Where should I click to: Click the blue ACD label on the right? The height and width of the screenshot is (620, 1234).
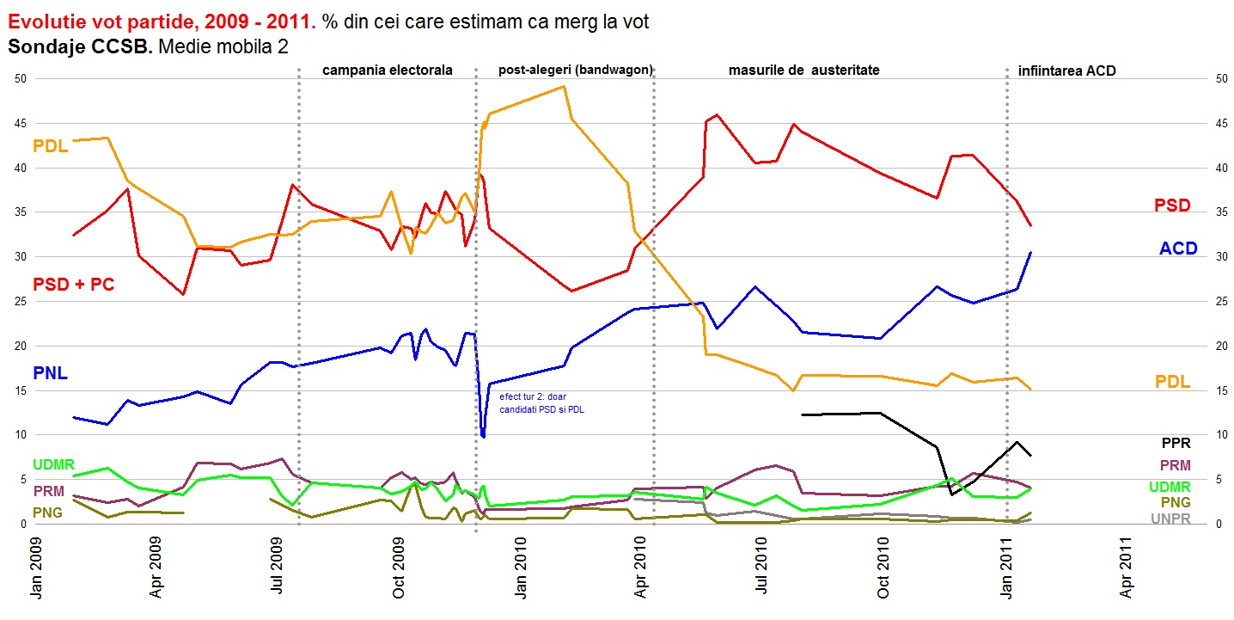click(1178, 249)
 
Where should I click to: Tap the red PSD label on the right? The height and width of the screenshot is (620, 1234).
click(1172, 206)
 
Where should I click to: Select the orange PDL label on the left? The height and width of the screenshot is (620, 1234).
click(51, 146)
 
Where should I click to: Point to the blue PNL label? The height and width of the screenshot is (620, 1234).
click(50, 373)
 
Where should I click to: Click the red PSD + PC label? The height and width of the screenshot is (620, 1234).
click(73, 285)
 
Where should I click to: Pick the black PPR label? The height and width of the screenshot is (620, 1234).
click(1176, 444)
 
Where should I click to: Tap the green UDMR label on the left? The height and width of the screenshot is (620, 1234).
click(53, 465)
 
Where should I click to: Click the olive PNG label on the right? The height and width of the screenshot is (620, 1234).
click(1176, 502)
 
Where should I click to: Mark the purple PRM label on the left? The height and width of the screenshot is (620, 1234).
click(48, 491)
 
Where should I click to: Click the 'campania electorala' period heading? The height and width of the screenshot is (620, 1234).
click(387, 71)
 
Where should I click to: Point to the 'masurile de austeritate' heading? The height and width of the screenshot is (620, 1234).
click(803, 71)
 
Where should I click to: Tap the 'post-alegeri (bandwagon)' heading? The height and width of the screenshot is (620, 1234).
click(575, 70)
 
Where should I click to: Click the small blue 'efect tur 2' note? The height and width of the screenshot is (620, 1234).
click(541, 403)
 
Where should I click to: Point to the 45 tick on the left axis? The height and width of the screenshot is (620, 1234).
click(22, 123)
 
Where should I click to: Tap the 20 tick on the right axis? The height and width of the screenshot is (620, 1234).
click(1213, 346)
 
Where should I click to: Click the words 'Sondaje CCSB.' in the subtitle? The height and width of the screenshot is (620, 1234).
click(81, 46)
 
